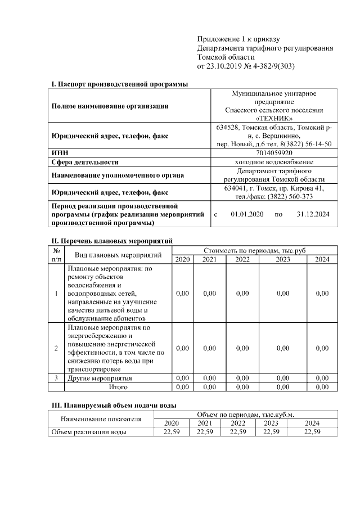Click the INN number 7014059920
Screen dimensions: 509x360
pos(274,152)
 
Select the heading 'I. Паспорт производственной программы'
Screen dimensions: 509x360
pos(119,84)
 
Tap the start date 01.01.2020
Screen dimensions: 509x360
pos(247,214)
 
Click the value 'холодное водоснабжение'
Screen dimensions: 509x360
pos(274,162)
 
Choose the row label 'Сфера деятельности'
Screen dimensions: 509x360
pos(85,162)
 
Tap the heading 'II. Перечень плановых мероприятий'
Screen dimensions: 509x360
pos(111,241)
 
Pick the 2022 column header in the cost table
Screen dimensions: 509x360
pos(242,259)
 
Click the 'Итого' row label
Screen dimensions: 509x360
pos(118,387)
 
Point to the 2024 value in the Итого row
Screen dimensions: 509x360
pos(322,387)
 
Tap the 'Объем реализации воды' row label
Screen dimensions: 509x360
pos(88,432)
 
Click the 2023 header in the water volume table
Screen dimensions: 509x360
pos(271,423)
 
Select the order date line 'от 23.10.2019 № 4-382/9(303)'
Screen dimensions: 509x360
pos(246,66)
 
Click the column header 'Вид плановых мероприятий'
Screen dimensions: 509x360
pos(118,255)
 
